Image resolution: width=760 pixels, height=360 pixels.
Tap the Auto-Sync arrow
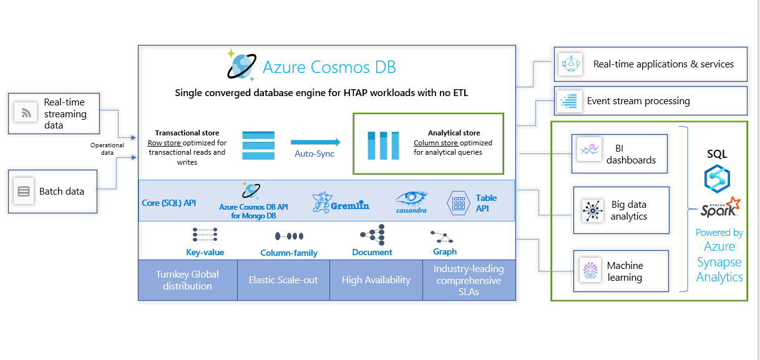pyautogui.click(x=315, y=142)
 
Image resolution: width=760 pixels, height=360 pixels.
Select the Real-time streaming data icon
pyautogui.click(x=26, y=113)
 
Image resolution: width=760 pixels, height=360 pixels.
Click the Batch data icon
pyautogui.click(x=24, y=191)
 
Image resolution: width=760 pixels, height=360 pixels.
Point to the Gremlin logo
pyautogui.click(x=341, y=202)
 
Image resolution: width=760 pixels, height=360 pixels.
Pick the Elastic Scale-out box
pyautogui.click(x=283, y=280)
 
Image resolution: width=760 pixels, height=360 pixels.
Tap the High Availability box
pyautogui.click(x=376, y=280)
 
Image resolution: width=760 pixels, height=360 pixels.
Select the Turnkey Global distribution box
pyautogui.click(x=188, y=280)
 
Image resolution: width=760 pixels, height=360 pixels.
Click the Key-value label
pyautogui.click(x=205, y=253)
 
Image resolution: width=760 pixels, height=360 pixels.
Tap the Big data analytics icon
pyautogui.click(x=591, y=210)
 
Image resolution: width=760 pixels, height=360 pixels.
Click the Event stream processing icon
pyautogui.click(x=568, y=100)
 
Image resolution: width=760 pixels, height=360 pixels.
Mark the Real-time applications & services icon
pyautogui.click(x=570, y=64)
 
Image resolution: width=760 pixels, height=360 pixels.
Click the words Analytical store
pyautogui.click(x=454, y=133)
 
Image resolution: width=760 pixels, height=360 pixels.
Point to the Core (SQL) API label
pyautogui.click(x=168, y=203)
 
